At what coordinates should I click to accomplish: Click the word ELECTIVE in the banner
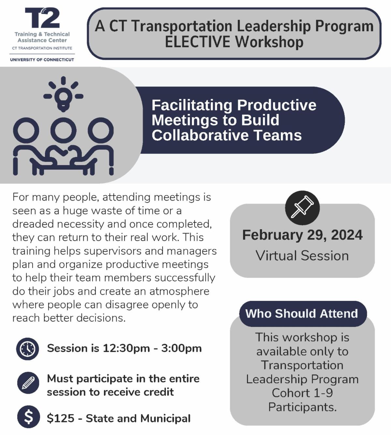coord(197,42)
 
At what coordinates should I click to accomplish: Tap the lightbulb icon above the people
coord(63,94)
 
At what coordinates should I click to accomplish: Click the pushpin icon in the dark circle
coord(302,208)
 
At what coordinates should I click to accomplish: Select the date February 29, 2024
coord(302,235)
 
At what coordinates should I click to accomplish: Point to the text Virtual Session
coord(302,256)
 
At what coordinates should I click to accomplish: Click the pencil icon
coord(28,383)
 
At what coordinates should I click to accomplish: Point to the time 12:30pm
coord(126,348)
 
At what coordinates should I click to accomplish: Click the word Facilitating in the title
coord(192,105)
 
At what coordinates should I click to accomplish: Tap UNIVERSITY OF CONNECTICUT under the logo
coord(42,60)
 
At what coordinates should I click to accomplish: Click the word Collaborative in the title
coord(200,135)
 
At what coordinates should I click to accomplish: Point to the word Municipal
coord(165,418)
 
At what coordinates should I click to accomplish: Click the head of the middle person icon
coord(63,130)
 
